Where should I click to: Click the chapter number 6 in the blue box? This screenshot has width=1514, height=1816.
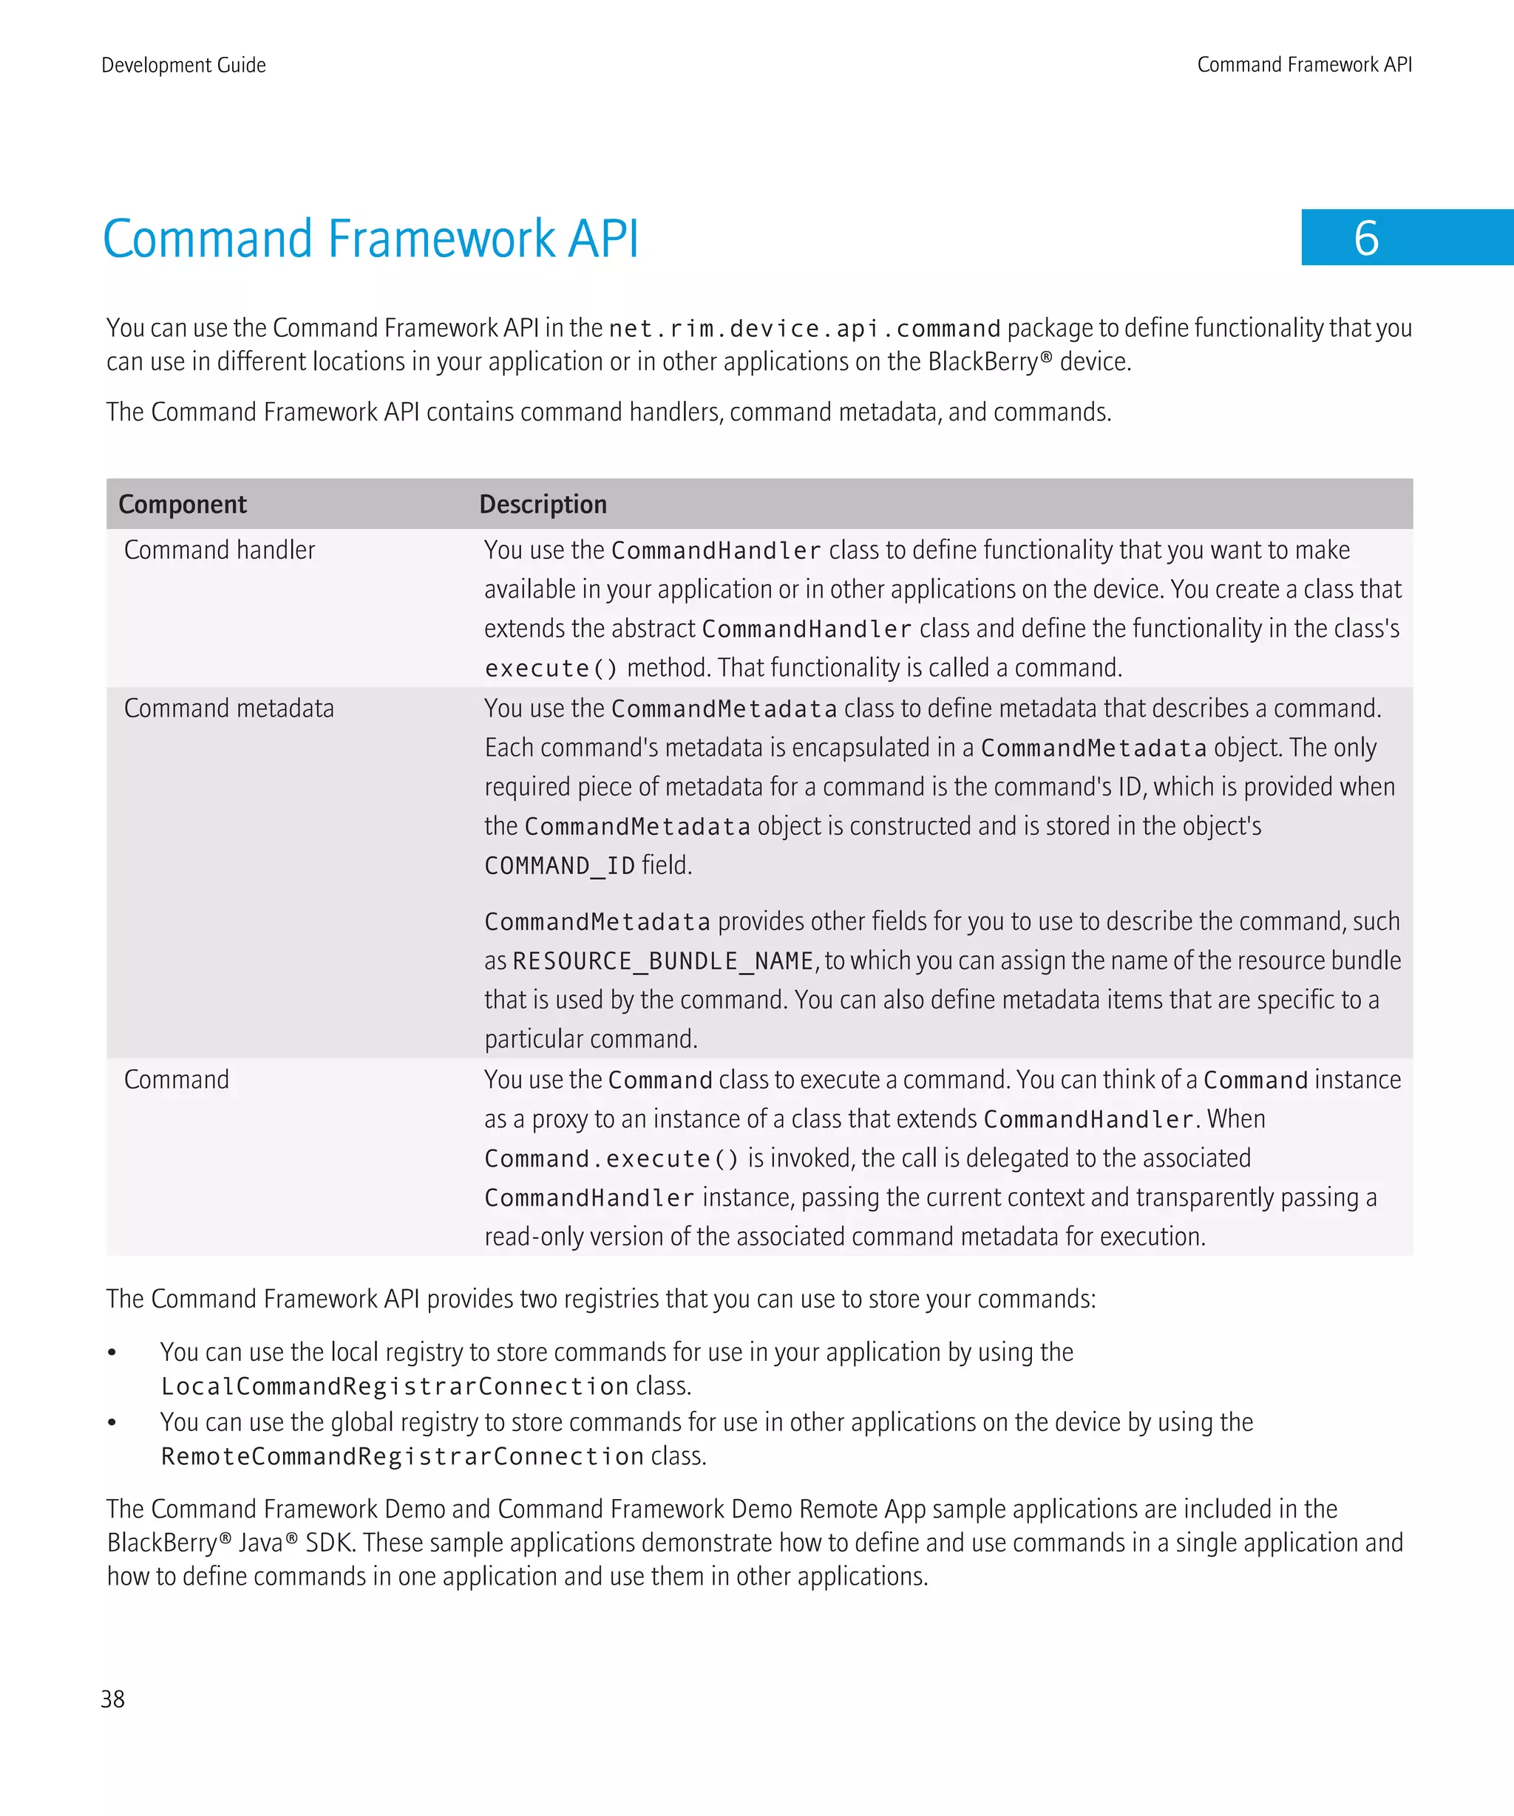tap(1366, 238)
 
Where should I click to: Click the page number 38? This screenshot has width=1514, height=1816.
tap(112, 1699)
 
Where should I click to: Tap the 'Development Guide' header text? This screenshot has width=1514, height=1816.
tap(183, 65)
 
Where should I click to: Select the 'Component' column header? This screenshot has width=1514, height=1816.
tap(183, 504)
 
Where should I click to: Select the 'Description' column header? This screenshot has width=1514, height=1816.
tap(543, 504)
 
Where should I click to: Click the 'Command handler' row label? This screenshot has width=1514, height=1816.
tap(220, 550)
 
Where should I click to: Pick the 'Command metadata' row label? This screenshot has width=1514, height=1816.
tap(229, 709)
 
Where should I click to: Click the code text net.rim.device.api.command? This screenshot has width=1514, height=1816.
tap(804, 329)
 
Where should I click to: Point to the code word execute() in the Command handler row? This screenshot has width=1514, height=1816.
tap(551, 669)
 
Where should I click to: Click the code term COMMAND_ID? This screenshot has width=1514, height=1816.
tap(560, 866)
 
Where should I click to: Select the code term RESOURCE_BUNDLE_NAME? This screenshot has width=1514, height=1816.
tap(662, 960)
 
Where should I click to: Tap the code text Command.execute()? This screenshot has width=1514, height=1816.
tap(611, 1158)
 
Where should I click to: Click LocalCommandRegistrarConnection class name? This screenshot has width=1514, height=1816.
tap(395, 1386)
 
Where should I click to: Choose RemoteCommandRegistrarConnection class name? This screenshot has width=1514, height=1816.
tap(402, 1456)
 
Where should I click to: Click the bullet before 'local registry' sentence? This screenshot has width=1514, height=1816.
tap(112, 1353)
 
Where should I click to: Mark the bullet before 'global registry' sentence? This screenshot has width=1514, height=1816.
tap(112, 1422)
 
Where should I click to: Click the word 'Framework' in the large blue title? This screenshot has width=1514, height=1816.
tap(442, 239)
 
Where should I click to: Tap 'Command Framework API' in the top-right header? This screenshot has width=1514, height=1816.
tap(1304, 65)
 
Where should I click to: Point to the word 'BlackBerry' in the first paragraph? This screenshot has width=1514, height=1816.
tap(982, 361)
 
